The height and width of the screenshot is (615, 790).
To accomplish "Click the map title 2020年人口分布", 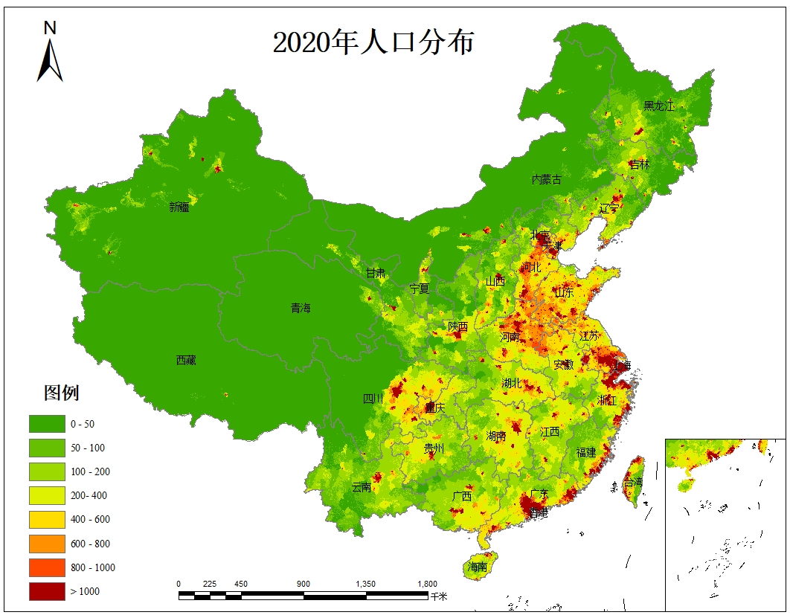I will pos(373,42).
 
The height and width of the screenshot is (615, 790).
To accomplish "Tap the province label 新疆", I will pos(179,207).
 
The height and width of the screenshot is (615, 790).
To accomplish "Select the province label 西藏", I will pos(186,360).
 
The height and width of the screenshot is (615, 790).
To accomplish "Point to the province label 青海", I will pos(301,308).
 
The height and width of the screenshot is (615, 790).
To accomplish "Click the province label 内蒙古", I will pos(546,179).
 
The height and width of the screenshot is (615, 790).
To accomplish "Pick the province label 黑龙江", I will pos(658,106).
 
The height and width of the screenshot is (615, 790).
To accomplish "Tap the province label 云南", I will pos(362,488).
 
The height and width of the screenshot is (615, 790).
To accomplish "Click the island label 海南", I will pos(478,567).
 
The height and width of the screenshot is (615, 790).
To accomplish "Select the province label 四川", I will pos(373,399).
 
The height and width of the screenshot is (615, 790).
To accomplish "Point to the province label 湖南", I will pos(496,436).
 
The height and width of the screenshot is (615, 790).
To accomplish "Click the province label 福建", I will pos(586,452).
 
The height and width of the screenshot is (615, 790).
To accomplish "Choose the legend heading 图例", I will pos(62,393).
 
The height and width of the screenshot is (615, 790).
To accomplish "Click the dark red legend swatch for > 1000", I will pos(45,591).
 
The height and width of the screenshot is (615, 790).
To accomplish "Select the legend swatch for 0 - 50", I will pos(45,424).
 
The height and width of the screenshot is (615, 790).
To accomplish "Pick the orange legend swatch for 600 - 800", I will pos(45,544).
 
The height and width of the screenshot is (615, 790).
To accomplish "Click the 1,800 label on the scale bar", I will pos(427,584).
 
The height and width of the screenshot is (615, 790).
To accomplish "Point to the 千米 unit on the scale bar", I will pos(439,596).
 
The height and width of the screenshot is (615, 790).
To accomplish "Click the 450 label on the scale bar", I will pos(241,584).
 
